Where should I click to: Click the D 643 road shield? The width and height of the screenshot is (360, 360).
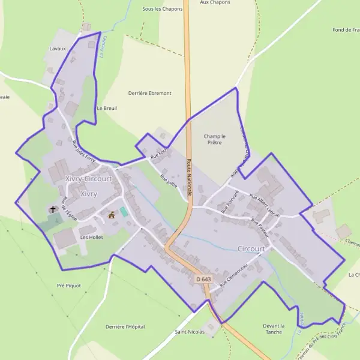point(203,280)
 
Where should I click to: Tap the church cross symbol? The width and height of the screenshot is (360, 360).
point(53,209)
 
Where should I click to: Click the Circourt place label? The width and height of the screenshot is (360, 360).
point(251,248)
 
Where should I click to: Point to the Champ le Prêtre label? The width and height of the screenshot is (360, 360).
point(213,139)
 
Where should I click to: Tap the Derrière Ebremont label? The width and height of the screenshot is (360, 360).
point(150,93)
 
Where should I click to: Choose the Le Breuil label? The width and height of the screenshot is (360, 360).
point(107,108)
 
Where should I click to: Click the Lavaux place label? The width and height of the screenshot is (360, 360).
point(58,48)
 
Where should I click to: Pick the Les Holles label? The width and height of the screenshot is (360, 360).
point(92,237)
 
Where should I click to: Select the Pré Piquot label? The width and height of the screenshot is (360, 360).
point(68,286)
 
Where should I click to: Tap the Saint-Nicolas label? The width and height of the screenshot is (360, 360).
point(190,331)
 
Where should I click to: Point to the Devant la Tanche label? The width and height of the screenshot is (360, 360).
point(273,328)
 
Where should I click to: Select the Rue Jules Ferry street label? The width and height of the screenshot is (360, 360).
point(83,151)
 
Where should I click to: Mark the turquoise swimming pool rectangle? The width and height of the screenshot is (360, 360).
point(124,212)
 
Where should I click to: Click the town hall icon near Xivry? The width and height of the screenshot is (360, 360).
point(111,214)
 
